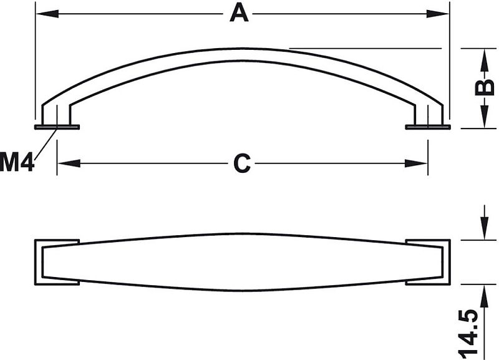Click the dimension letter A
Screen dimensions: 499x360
[x=239, y=13]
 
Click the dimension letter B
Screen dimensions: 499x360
[x=485, y=87]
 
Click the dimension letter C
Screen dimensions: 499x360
[x=242, y=163]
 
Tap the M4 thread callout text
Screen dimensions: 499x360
[x=17, y=162]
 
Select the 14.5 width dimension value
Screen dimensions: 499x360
[x=468, y=333]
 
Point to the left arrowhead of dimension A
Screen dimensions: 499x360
[x=47, y=14]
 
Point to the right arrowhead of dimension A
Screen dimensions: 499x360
[x=438, y=14]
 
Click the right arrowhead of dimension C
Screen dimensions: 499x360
[x=416, y=163]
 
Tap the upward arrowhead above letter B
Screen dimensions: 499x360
[x=485, y=59]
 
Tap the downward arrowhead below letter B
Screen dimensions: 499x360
[x=485, y=117]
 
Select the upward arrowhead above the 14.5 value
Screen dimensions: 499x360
[x=485, y=296]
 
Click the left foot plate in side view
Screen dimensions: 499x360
[x=57, y=127]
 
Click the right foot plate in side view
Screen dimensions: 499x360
[x=428, y=127]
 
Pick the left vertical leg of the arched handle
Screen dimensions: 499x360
[x=56, y=114]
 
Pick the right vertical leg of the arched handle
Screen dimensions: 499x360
[x=429, y=114]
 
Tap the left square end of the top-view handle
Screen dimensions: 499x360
[x=57, y=262]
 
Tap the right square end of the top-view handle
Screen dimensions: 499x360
[x=428, y=262]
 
